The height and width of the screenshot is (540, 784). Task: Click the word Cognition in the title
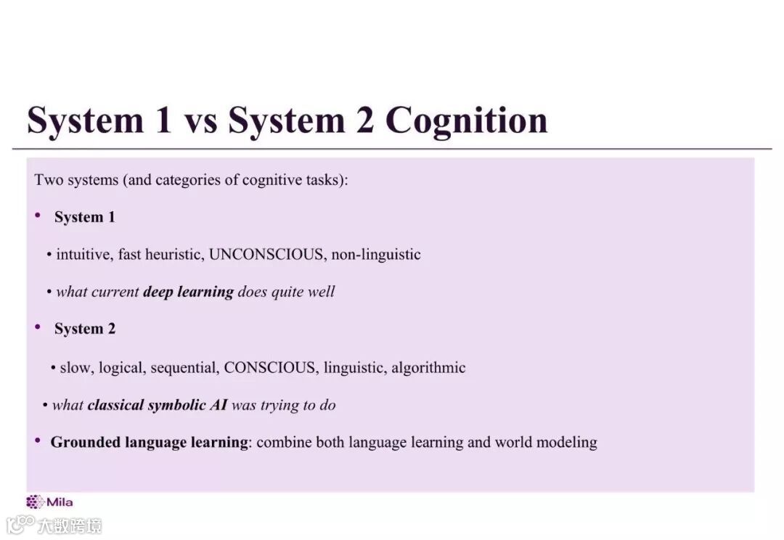point(465,120)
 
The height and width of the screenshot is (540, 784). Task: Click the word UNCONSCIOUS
point(266,255)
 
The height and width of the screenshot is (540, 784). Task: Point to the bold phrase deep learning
point(188,292)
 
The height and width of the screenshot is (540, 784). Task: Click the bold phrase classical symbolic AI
point(157,405)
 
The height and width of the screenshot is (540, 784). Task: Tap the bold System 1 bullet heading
point(84,217)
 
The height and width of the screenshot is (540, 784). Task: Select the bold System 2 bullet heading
point(84,329)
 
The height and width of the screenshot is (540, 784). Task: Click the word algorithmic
point(428,367)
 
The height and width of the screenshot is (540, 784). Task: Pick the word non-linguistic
point(376,255)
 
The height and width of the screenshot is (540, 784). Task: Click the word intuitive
point(82,255)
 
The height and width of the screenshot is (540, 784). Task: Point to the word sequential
point(184,367)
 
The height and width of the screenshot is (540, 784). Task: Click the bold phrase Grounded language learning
point(149,442)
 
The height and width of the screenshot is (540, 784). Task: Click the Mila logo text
point(60,502)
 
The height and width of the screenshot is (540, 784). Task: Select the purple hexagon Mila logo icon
point(35,502)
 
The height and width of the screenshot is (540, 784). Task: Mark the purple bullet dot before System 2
point(38,327)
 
